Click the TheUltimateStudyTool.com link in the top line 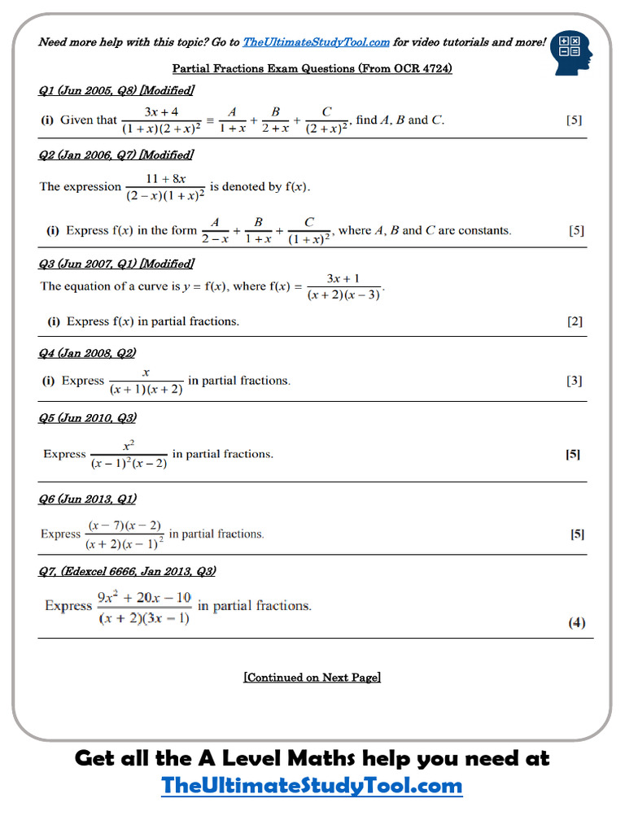(x=316, y=42)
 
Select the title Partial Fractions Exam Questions (x=312, y=68)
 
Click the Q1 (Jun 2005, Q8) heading (x=116, y=90)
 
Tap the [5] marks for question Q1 (x=574, y=120)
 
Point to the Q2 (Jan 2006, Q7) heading (x=116, y=155)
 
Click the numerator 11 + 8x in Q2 (x=165, y=177)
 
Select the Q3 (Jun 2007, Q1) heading (x=116, y=264)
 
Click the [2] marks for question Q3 (x=575, y=321)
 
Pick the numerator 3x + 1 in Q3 (x=343, y=278)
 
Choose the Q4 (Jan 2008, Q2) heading (x=87, y=352)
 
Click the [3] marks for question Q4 (x=575, y=381)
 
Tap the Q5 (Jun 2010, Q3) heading (x=87, y=417)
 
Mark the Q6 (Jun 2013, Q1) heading (x=87, y=499)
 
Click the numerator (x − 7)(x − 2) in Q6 (x=125, y=526)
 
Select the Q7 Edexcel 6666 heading (x=127, y=571)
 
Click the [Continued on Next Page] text (x=312, y=677)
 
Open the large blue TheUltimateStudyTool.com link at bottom (x=312, y=786)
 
